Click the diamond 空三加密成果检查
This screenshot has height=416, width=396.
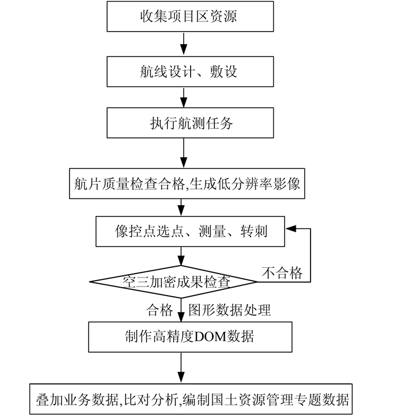(180, 281)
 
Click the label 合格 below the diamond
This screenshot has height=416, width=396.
(160, 310)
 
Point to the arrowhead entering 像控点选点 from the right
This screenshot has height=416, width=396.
(290, 229)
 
